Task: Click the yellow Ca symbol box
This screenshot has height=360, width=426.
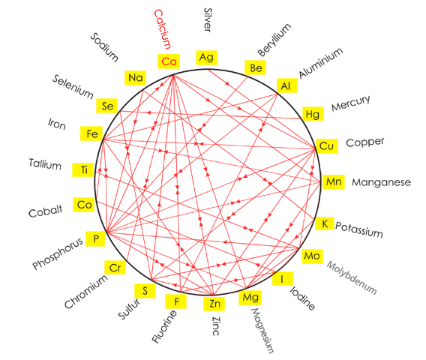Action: point(169,61)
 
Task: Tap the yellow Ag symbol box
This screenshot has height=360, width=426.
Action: point(206,58)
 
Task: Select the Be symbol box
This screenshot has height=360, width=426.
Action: point(256,67)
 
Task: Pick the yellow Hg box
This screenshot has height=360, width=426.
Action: point(313,114)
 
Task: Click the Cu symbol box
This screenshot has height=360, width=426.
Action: point(327,146)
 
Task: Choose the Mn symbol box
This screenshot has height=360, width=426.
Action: point(333,181)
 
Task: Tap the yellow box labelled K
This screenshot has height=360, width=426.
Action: point(325,223)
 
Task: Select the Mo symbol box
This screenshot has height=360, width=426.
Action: point(312,256)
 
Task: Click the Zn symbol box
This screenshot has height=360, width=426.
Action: point(214,304)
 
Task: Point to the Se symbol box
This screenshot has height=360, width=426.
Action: point(107,106)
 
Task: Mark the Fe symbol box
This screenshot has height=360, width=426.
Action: point(91,133)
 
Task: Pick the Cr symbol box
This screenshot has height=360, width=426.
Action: point(115,268)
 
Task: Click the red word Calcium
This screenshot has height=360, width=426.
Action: point(163,29)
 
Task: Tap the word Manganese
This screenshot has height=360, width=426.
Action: point(381,182)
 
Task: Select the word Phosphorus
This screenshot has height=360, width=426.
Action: point(58,253)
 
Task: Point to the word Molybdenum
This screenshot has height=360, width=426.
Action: point(352,277)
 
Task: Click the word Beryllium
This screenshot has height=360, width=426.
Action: point(274,40)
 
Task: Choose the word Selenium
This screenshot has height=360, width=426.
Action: point(73,86)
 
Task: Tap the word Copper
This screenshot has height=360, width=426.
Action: point(365,142)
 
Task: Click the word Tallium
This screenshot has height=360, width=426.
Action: point(45,164)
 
